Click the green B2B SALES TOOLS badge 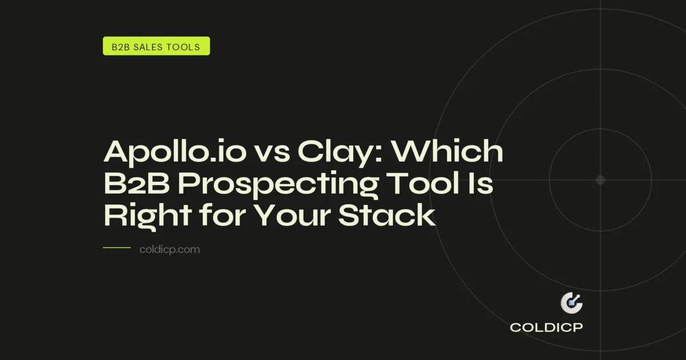[156, 46]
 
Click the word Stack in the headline [391, 217]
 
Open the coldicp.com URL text [170, 250]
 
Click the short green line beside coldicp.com [117, 248]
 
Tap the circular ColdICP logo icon [571, 303]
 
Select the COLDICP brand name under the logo [547, 328]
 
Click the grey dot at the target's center [600, 180]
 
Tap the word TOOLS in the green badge [185, 46]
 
